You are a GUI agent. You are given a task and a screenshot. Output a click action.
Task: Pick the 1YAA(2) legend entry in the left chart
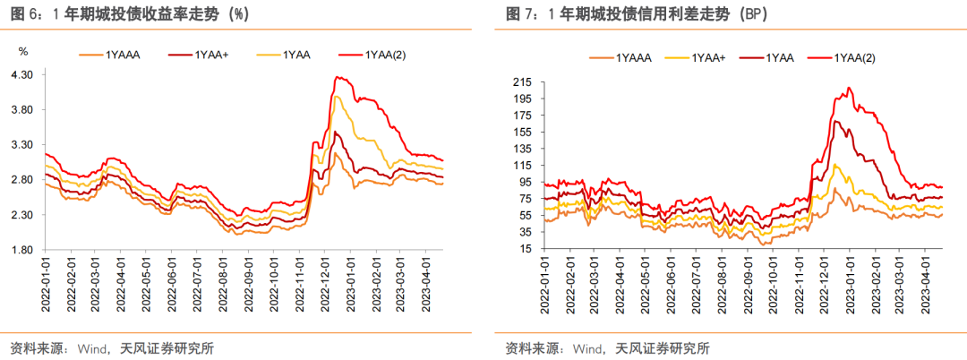point(385,56)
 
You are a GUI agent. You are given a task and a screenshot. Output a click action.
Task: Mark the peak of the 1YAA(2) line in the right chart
point(848,88)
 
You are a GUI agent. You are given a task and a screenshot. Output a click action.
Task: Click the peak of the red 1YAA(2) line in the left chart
point(336,77)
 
